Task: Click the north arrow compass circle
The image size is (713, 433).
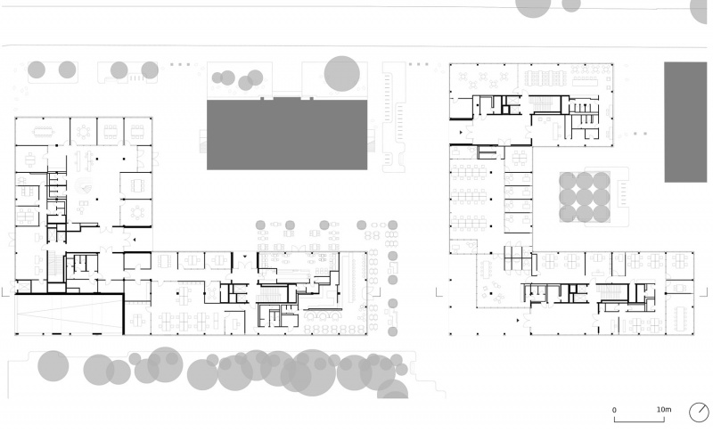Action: [x=699, y=413]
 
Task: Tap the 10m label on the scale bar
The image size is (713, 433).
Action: [x=663, y=409]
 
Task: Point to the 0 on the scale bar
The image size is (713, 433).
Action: [x=614, y=410]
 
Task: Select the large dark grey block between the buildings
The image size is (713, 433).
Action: [x=287, y=135]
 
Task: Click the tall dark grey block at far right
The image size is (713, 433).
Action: [x=685, y=122]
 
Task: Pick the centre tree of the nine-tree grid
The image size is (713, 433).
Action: [x=585, y=197]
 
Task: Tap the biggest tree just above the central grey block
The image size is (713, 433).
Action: [x=342, y=74]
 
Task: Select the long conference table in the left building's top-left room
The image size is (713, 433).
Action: [x=43, y=132]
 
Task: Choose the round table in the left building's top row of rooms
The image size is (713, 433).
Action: [x=83, y=132]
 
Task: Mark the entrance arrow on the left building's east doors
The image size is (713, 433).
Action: [x=135, y=240]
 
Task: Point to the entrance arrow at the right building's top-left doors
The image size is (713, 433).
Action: [x=461, y=133]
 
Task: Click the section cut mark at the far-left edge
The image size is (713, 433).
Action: [x=5, y=292]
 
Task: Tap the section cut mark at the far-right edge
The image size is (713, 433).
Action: [x=704, y=291]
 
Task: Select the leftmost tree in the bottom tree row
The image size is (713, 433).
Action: [x=53, y=366]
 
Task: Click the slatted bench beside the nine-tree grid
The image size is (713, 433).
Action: [x=623, y=193]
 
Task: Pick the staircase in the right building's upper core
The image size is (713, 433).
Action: [x=541, y=103]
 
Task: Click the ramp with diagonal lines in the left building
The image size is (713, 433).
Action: [x=70, y=315]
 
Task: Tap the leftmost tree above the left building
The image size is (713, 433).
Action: [x=37, y=70]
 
